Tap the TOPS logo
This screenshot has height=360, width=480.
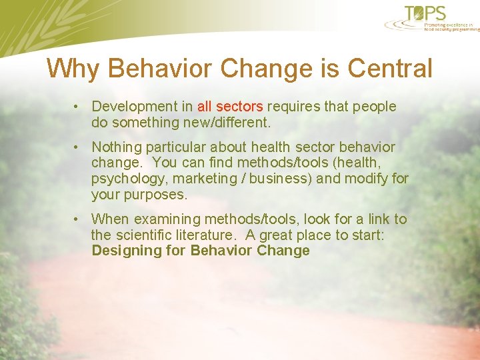(x=427, y=13)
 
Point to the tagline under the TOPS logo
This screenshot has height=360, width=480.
(x=451, y=27)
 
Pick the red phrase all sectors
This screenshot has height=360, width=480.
(x=230, y=107)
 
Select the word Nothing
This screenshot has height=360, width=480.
(x=116, y=147)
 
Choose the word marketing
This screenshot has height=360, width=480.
(x=203, y=179)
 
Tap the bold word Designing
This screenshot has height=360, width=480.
(x=119, y=251)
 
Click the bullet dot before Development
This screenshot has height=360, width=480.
(x=78, y=107)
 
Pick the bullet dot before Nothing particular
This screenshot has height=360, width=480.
(x=78, y=147)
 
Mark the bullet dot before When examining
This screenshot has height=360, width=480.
(x=78, y=219)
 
